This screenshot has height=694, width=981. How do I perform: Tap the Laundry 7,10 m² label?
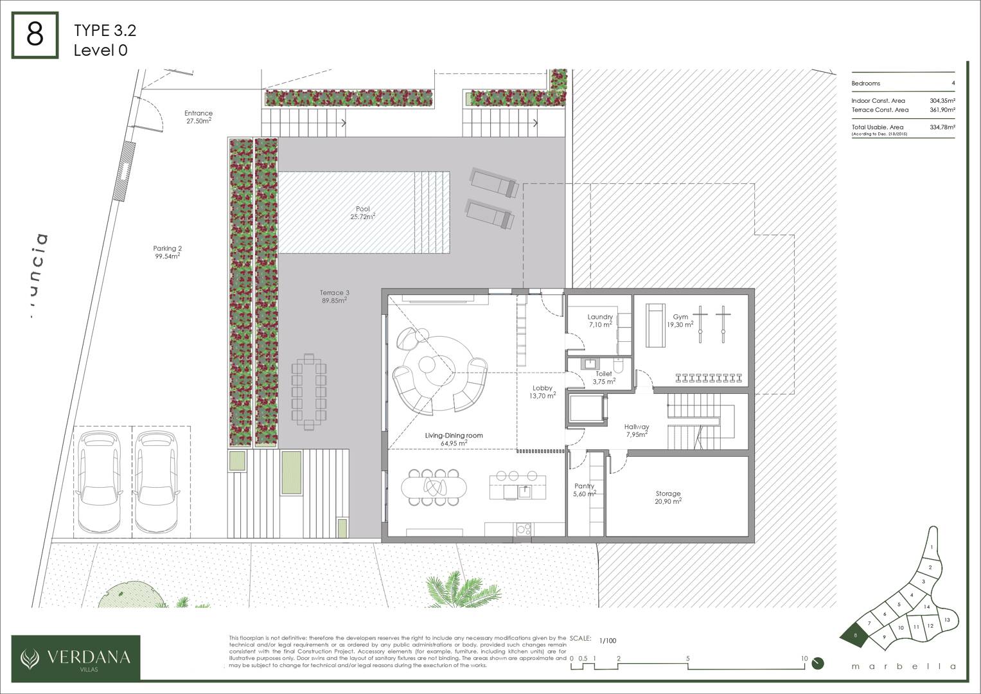600,321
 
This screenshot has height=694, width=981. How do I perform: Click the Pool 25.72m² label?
363,213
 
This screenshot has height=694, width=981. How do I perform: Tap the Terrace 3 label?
334,296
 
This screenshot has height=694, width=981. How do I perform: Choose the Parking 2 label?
167,252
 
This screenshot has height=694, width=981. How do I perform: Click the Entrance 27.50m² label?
199,117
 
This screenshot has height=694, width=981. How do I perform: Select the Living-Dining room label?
454,439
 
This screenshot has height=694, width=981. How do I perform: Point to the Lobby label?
542,392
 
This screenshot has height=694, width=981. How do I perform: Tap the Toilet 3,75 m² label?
604,377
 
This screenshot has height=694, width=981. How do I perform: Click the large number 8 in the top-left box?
35,35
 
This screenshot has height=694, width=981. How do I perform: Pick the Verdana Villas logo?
76,657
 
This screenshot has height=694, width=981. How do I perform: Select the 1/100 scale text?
607,641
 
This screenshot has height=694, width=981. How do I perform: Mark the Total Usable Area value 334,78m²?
942,127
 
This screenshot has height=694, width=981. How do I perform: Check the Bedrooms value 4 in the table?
953,84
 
